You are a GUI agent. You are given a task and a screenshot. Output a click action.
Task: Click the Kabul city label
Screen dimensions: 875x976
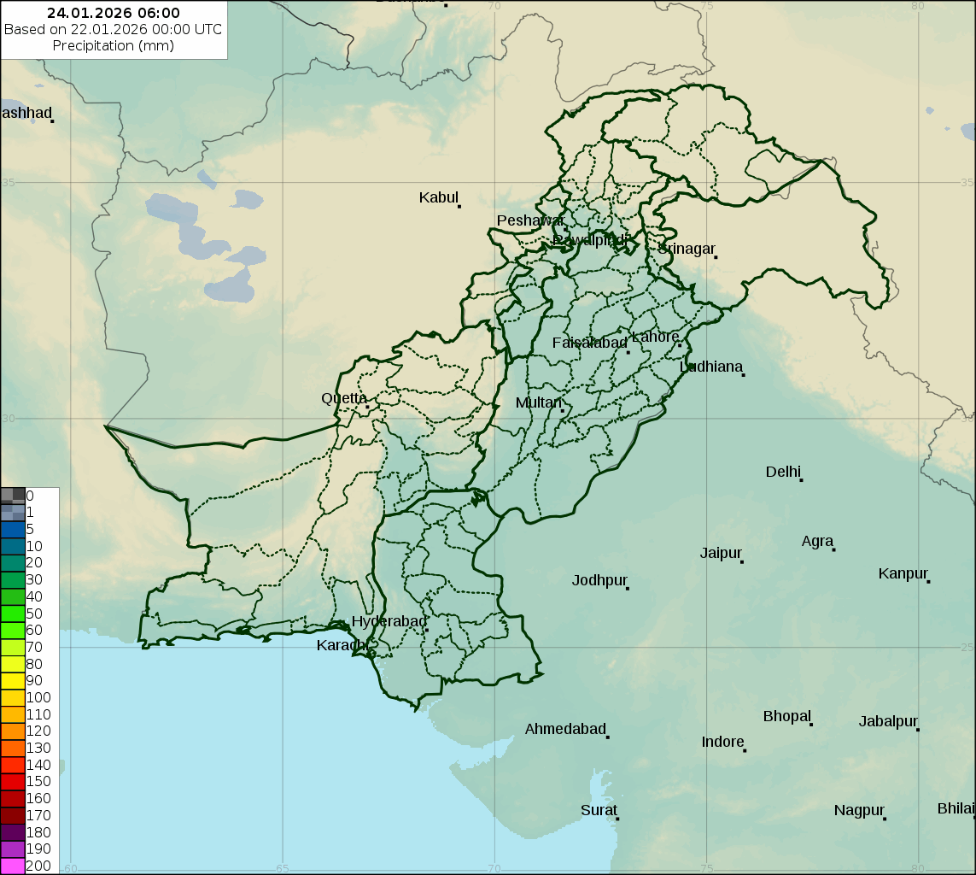[439, 197]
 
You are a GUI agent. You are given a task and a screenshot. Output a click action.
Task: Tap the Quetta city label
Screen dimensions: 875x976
[344, 398]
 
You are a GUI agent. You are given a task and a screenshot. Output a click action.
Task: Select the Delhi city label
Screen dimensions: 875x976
[783, 472]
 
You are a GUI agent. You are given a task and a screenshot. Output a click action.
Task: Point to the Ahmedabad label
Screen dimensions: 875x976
[564, 729]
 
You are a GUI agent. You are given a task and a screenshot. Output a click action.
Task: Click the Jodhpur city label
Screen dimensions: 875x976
[599, 580]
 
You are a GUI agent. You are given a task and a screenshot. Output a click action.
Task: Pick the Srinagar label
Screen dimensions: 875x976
[686, 249]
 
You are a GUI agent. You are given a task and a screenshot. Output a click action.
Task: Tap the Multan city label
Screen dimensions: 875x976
[539, 402]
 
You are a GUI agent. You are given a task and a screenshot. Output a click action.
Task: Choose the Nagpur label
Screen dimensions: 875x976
[859, 810]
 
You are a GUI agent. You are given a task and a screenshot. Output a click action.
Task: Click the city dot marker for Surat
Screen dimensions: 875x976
[617, 819]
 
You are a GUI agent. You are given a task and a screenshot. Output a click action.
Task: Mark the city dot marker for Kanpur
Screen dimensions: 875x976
[928, 581]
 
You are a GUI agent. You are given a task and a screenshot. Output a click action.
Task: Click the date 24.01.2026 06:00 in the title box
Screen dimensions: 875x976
[114, 13]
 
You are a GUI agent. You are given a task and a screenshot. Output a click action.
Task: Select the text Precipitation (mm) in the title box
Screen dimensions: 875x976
[114, 45]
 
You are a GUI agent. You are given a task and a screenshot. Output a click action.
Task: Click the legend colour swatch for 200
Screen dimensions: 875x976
[13, 866]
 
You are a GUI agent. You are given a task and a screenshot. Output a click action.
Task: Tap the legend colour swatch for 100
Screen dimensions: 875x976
[13, 697]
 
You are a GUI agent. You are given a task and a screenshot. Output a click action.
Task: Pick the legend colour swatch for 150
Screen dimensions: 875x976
[13, 781]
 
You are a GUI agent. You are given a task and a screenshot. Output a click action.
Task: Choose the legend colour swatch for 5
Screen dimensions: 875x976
[13, 529]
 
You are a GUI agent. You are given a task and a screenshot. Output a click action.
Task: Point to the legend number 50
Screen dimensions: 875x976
[34, 614]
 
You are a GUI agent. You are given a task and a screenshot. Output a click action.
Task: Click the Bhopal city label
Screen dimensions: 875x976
[786, 716]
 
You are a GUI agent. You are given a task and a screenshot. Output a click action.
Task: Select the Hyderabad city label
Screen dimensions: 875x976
[389, 621]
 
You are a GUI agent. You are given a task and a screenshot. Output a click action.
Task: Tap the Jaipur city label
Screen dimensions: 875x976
[721, 553]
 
